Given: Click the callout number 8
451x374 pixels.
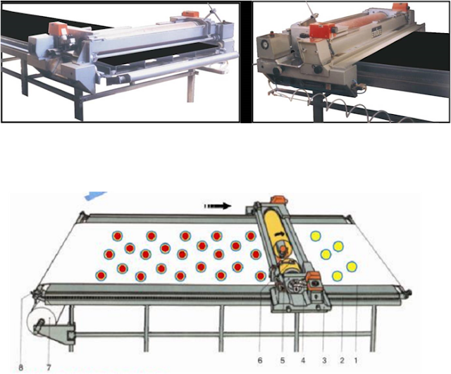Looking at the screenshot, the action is [x=20, y=368].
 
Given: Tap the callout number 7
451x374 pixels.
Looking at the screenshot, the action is [x=49, y=368].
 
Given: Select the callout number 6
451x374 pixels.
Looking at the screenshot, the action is [x=260, y=361].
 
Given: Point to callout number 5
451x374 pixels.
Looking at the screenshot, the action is [x=283, y=361].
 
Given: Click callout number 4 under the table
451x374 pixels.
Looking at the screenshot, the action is [x=303, y=361].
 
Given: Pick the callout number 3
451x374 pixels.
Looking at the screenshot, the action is [x=324, y=361].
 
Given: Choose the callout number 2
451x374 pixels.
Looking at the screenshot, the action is [x=342, y=361].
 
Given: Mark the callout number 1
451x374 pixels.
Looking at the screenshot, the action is [x=356, y=361].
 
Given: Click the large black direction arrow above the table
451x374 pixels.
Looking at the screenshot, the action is [x=218, y=206].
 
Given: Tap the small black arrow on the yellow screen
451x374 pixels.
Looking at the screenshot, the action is [x=279, y=234].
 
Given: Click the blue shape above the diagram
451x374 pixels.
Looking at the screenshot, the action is [x=96, y=195].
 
